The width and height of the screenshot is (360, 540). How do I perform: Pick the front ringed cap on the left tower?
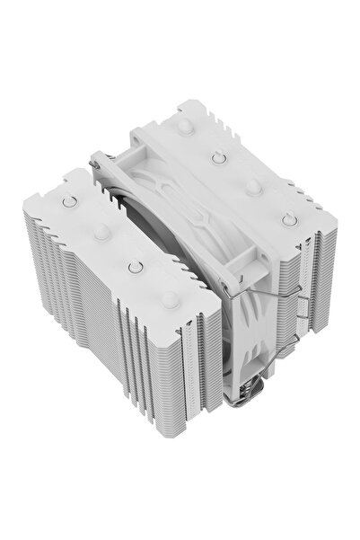pyautogui.click(x=135, y=266)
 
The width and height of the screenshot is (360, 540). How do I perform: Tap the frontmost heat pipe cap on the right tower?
pyautogui.click(x=288, y=219)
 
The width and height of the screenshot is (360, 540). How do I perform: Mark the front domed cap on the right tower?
pyautogui.click(x=254, y=186)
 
